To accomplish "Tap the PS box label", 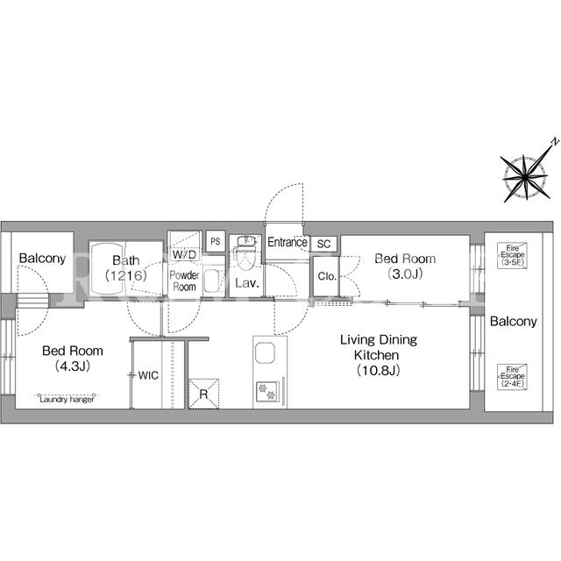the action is coord(216,242).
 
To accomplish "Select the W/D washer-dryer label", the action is coord(184,254).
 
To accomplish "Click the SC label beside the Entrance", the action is coord(323,244).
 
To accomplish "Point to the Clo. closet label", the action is coord(327,276).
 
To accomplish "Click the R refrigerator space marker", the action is coord(203,394).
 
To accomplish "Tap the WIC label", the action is coord(148,375).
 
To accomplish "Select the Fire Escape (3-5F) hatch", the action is coord(512,256).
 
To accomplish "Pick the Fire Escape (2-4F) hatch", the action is coord(512,377).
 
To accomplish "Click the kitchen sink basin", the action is coord(265,352).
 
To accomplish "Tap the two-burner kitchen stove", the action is coord(267,391).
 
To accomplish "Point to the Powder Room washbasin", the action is coord(212,280).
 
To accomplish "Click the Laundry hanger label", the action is coord(67,400).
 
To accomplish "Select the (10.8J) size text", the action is coord(379,370).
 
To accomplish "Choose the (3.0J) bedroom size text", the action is coord(405,274).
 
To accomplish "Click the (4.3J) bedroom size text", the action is coord(73,366).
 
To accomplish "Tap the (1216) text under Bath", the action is coord(126,275).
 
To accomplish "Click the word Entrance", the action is coord(288,242).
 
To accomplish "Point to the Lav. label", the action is coord(247,283).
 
